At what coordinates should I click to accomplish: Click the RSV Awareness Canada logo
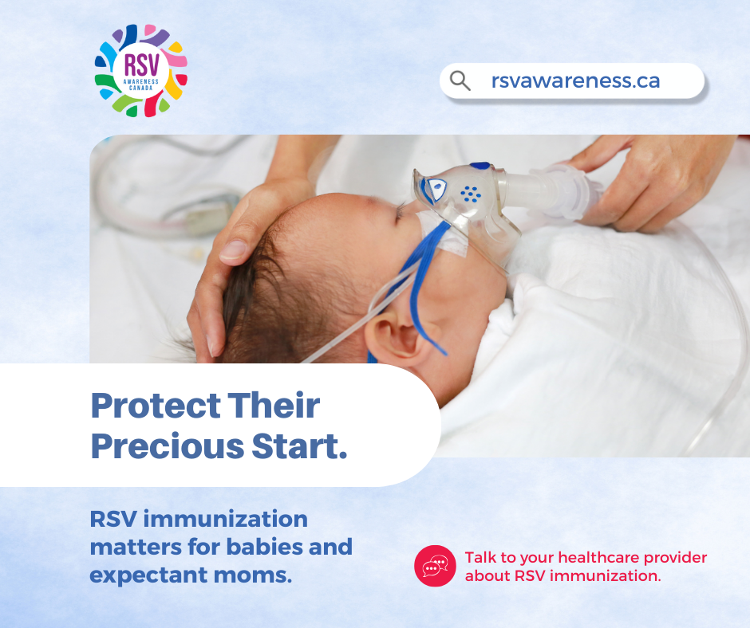141,71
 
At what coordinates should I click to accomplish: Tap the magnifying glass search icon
460,80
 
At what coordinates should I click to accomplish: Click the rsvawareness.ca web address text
575,80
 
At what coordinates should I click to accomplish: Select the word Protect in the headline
156,406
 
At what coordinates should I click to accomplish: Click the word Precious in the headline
168,446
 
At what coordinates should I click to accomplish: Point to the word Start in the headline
299,446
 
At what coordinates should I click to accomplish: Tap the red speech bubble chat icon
435,566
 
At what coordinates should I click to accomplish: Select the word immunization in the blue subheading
225,519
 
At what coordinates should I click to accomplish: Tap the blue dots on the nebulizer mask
471,194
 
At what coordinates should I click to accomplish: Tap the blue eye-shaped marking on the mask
436,188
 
